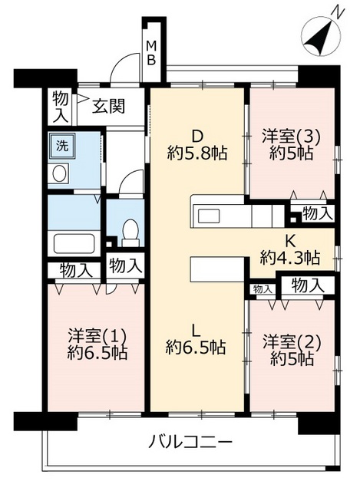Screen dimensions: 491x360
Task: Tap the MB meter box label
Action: point(152,52)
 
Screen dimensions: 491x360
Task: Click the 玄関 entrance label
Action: point(109,107)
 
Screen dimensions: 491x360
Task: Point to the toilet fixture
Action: point(130,229)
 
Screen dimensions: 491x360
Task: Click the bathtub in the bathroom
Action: point(73,243)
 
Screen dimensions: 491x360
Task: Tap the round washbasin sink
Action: point(60,173)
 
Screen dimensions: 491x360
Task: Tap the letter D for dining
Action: point(197,137)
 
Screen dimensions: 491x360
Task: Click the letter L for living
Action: point(197,331)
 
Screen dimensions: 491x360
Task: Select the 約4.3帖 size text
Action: point(289,258)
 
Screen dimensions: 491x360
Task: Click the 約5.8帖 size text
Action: point(197,153)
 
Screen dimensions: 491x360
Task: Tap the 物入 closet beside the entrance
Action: point(60,107)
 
